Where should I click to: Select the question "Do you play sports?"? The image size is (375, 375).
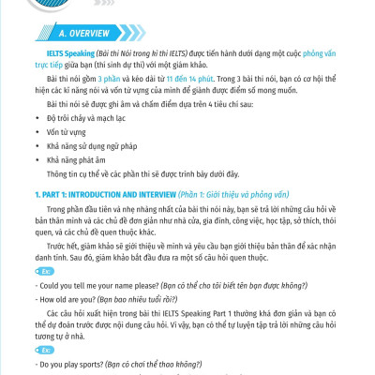pyautogui.click(x=76, y=361)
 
